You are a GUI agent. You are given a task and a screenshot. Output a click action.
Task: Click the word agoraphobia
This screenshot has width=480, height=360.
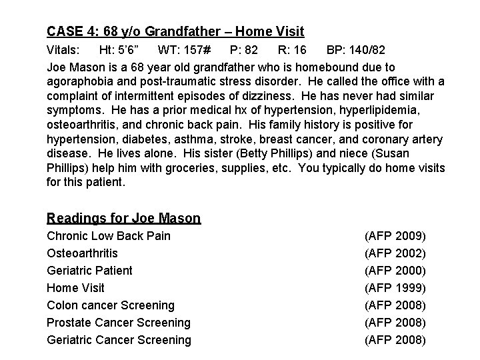[x=78, y=82]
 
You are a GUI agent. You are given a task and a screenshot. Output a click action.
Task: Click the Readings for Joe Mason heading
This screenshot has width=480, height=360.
[x=123, y=218]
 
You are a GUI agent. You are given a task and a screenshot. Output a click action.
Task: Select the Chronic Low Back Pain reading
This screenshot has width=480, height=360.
[x=108, y=236]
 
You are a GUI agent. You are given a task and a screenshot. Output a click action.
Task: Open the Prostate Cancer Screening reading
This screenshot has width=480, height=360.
[x=118, y=323]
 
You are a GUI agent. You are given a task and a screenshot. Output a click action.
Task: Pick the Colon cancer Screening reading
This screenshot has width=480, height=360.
[x=111, y=305]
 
